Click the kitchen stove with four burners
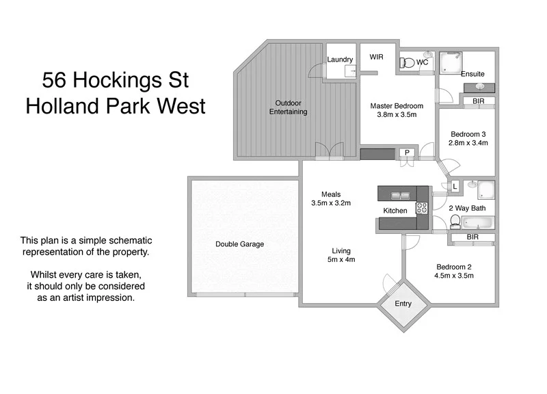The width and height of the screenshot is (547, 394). click(x=422, y=209)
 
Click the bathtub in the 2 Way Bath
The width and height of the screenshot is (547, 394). click(x=478, y=222)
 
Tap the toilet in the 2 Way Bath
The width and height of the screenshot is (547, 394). click(x=455, y=222)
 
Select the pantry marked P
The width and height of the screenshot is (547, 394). click(x=407, y=153)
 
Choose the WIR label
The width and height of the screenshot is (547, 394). click(x=377, y=57)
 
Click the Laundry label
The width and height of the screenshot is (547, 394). click(x=340, y=60)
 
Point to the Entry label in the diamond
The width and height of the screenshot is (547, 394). click(x=403, y=304)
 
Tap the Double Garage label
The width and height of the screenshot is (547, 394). click(x=239, y=244)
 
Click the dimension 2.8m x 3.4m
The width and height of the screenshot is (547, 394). click(x=468, y=144)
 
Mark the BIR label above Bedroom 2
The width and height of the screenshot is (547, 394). click(x=472, y=237)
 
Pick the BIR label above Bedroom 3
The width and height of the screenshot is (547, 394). click(x=479, y=101)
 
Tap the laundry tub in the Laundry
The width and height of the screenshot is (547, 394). click(x=350, y=70)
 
